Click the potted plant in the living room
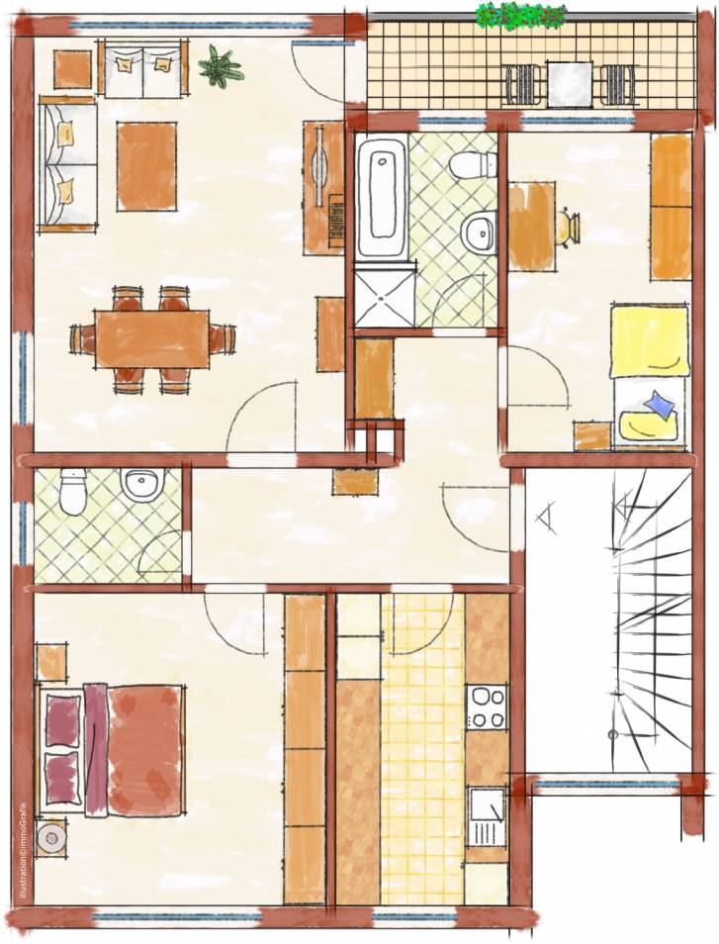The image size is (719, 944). click(x=222, y=66)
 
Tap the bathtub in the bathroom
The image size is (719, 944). click(x=382, y=195)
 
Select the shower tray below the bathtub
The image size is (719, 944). click(x=384, y=295)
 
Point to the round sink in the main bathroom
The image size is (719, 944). click(x=480, y=231)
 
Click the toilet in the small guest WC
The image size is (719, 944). click(x=74, y=492)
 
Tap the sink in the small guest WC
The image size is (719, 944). click(x=142, y=484)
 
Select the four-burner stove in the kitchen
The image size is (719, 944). click(x=488, y=707)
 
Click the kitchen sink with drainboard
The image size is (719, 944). click(x=488, y=817)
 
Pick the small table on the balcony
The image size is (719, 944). click(x=570, y=83)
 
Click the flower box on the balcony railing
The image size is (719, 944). click(x=521, y=16)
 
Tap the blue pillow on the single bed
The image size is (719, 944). click(x=660, y=403)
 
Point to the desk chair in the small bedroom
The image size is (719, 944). click(x=568, y=227)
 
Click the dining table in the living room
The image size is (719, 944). click(x=152, y=338)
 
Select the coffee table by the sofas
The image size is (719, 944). click(x=146, y=166)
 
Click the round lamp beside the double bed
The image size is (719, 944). click(x=50, y=837)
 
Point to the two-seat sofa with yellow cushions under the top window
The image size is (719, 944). click(x=142, y=68)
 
